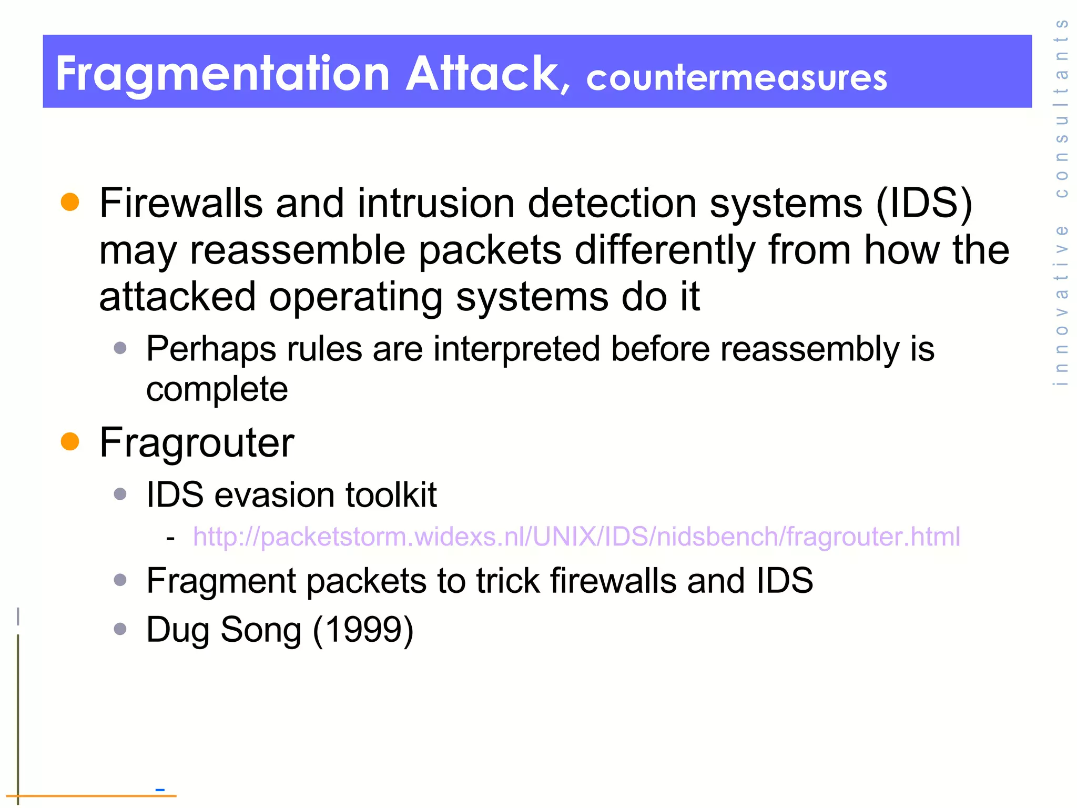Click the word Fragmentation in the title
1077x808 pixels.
point(222,75)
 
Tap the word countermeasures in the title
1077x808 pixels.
point(736,78)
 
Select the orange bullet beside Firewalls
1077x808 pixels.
point(70,203)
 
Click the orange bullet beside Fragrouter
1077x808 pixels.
point(70,441)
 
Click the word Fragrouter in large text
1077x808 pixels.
point(196,443)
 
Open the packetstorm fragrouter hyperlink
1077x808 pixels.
point(576,537)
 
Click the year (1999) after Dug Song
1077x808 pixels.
point(363,630)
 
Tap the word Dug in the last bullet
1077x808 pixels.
point(178,630)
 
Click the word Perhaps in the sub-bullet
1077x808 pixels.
point(211,349)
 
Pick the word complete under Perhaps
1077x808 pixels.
point(217,390)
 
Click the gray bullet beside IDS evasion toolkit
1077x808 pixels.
point(120,494)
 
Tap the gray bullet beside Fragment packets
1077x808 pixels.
point(120,580)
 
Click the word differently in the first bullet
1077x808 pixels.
point(665,250)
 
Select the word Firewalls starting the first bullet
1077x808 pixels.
point(181,203)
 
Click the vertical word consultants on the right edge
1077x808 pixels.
point(1061,108)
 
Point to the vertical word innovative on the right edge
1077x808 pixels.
point(1061,305)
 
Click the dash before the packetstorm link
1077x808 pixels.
point(170,538)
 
